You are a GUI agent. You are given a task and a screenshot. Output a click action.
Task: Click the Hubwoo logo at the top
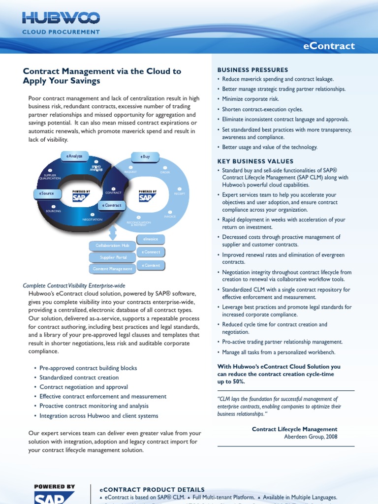tap(61, 19)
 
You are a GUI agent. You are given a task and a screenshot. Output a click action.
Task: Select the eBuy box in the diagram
tap(145, 157)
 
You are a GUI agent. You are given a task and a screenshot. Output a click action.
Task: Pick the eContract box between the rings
tap(111, 205)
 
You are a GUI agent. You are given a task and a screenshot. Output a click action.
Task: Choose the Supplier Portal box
tap(113, 257)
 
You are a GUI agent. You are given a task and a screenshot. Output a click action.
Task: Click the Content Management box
tap(113, 269)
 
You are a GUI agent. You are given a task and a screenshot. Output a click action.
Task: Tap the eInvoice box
tap(151, 239)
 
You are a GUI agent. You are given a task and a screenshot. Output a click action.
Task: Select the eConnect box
tap(151, 252)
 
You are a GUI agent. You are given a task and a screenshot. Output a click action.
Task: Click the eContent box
tap(151, 265)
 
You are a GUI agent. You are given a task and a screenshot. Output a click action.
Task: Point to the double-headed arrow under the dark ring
tap(113, 231)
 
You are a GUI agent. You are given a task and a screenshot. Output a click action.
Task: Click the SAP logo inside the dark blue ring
tap(81, 196)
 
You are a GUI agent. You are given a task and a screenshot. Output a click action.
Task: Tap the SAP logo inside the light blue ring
tap(147, 196)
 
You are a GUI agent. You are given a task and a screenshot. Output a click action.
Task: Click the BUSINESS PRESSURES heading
tap(253, 70)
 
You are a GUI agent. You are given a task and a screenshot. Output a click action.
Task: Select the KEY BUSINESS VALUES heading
tap(255, 161)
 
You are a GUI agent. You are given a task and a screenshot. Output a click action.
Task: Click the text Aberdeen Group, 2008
tap(311, 437)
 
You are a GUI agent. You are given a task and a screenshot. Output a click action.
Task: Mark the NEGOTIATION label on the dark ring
tap(93, 220)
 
